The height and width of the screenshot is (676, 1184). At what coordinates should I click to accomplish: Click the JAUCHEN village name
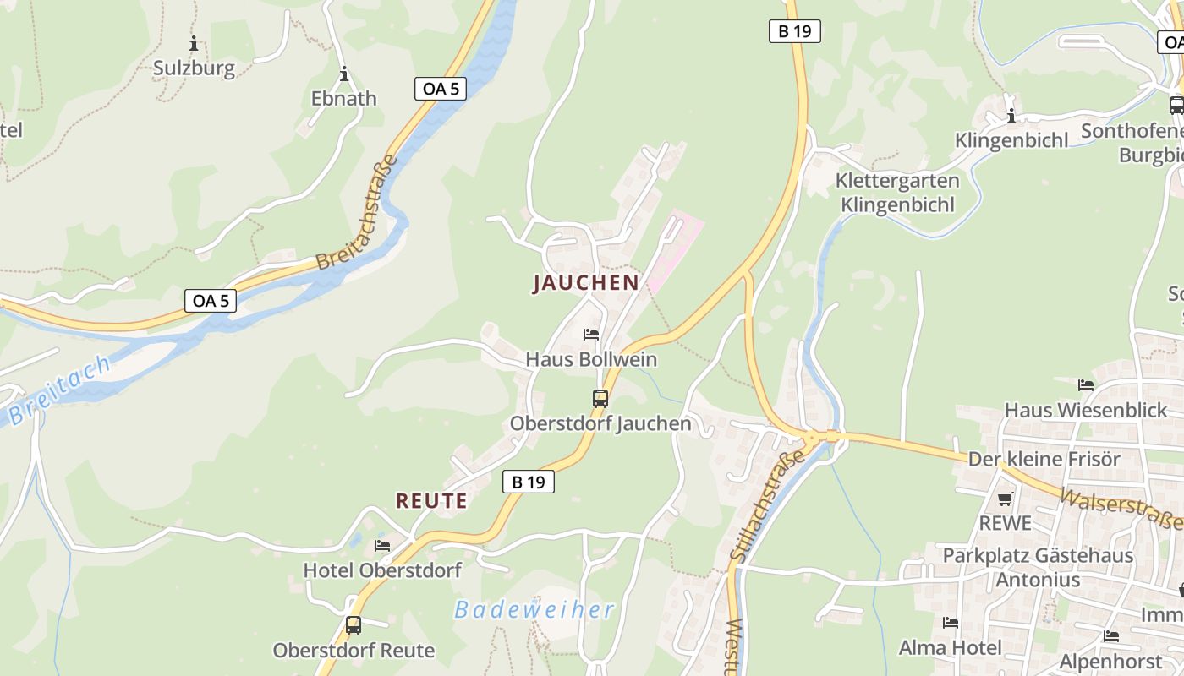coord(585,283)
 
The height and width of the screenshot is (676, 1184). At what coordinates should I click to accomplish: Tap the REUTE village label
coord(431,501)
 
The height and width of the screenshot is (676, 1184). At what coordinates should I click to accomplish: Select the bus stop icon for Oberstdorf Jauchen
coord(600,399)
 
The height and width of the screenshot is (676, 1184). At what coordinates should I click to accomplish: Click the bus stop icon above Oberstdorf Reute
coord(354,626)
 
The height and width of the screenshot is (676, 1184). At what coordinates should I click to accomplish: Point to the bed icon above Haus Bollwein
coord(591,335)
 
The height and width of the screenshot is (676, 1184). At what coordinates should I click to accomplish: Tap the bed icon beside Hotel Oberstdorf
coord(382,546)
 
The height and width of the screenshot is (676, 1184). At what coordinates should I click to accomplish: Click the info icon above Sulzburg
coord(194,43)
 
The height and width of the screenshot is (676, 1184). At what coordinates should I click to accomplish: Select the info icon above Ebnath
coord(343,74)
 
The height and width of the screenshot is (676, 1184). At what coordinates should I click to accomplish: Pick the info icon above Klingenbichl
coord(1011,116)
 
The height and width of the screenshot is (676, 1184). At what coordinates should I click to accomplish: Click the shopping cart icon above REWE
coord(1005,499)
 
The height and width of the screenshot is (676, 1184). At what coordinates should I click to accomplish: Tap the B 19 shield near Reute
coord(529,482)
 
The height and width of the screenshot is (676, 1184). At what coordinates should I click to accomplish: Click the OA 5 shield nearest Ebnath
coord(441,88)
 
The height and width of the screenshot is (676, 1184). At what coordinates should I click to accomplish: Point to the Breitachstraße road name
coord(356,213)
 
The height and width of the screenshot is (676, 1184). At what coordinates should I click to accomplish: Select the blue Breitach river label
coord(60,390)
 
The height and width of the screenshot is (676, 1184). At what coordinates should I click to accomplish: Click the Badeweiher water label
coord(534,609)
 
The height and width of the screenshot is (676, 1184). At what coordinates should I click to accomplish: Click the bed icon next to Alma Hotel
coord(951,623)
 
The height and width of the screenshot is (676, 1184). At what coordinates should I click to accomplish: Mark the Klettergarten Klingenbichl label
coord(897,193)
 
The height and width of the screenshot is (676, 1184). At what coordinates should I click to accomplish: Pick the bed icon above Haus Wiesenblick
coord(1086,385)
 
